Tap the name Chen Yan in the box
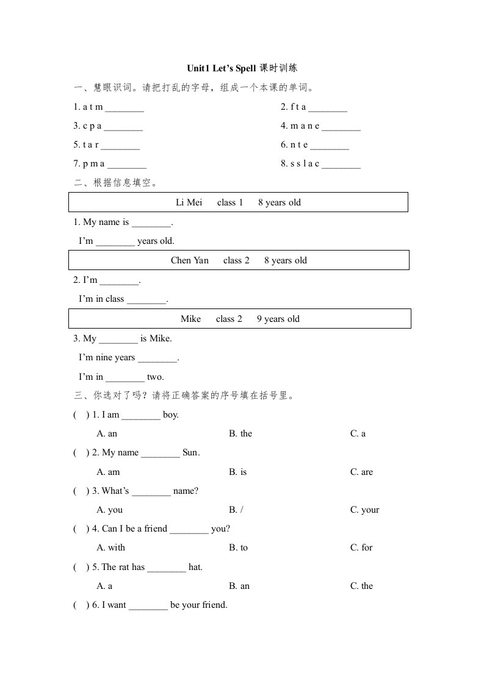coord(190,260)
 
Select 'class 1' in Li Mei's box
coord(230,202)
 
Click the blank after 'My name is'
coord(151,223)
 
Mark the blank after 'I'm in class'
coord(146,299)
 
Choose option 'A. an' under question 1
coord(107,433)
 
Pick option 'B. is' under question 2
coord(238,472)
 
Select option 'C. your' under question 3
coord(364,510)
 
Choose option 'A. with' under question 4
coord(111,547)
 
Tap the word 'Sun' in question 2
coord(190,452)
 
